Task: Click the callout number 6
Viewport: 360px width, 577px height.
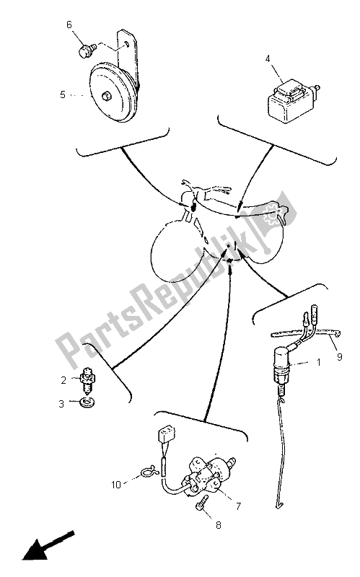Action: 69,25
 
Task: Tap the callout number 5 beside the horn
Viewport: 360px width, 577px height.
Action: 63,94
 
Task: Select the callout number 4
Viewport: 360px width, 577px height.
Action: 268,58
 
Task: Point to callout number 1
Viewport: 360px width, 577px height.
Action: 319,362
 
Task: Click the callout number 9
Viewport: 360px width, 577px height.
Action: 339,356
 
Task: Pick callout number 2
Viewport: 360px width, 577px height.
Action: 63,380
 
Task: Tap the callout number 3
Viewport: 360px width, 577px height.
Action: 61,404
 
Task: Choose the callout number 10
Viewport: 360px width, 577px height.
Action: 116,485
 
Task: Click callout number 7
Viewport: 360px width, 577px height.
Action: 238,506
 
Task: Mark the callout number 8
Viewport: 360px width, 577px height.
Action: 219,525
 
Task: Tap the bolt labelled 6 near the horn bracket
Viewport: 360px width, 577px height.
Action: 87,50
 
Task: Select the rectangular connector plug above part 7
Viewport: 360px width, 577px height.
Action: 166,435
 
